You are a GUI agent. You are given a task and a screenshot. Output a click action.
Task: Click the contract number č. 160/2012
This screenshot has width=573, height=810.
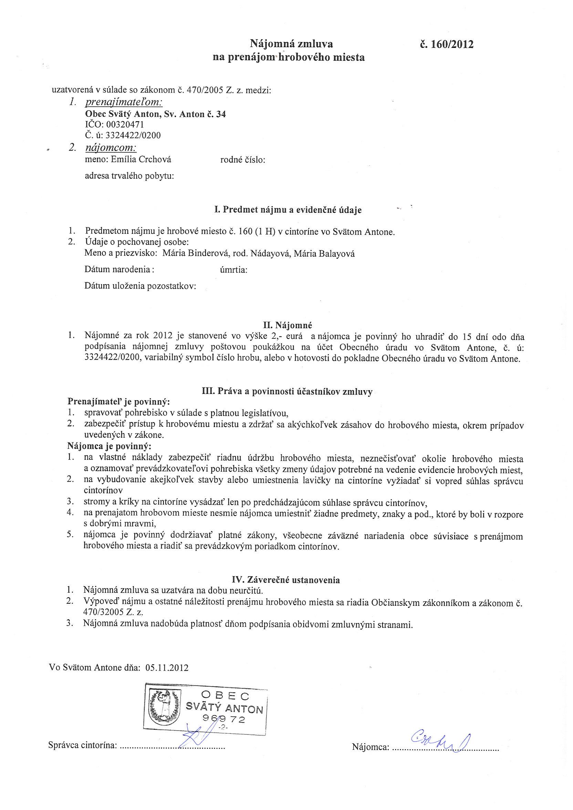[446, 44]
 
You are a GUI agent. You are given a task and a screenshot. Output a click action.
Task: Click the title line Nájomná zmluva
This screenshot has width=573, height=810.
[291, 44]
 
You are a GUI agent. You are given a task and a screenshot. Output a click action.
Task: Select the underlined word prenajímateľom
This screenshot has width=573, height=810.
[124, 102]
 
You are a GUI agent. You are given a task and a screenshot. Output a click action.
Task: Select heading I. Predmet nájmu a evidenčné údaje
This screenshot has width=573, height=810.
[288, 210]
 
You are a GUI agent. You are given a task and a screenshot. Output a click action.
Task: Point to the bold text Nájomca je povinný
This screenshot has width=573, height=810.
[109, 446]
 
